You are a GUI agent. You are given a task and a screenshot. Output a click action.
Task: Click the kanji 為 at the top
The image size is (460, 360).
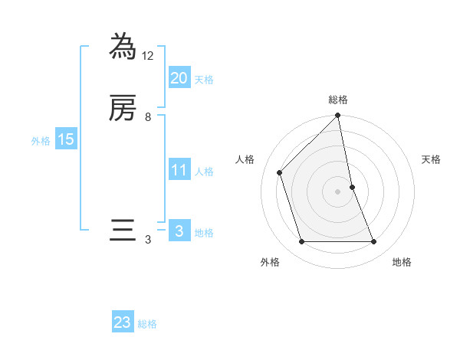123,47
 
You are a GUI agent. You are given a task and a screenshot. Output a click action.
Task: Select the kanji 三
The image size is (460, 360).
123,231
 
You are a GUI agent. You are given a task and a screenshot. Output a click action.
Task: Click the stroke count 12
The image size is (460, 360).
148,56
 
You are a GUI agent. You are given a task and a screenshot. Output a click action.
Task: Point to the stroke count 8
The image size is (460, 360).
148,117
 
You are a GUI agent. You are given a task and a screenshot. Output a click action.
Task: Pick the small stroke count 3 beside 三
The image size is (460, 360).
148,240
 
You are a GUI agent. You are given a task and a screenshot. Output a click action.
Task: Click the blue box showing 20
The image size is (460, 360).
179,78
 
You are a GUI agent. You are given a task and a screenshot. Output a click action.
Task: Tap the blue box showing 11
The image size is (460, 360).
179,170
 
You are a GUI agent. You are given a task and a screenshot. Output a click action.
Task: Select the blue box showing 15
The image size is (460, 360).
65,139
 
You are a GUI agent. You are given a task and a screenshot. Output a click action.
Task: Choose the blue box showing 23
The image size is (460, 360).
123,322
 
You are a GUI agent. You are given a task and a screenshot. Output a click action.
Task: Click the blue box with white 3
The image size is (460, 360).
179,231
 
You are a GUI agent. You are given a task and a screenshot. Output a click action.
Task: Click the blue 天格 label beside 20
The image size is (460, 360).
204,80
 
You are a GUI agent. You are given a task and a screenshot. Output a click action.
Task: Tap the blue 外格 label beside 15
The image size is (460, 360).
40,141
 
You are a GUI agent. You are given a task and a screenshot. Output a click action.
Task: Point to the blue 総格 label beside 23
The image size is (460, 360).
147,324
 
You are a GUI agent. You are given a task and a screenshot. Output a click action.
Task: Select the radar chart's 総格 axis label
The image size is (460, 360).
338,100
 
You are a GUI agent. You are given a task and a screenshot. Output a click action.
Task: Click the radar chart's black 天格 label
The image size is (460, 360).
432,159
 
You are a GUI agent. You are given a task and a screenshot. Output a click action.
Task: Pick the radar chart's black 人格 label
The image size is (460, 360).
245,159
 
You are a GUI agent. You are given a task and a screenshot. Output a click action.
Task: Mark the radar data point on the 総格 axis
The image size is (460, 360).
338,116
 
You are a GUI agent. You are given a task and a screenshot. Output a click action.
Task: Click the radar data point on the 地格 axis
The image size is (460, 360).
374,242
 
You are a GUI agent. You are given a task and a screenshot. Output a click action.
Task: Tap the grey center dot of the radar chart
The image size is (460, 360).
338,191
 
